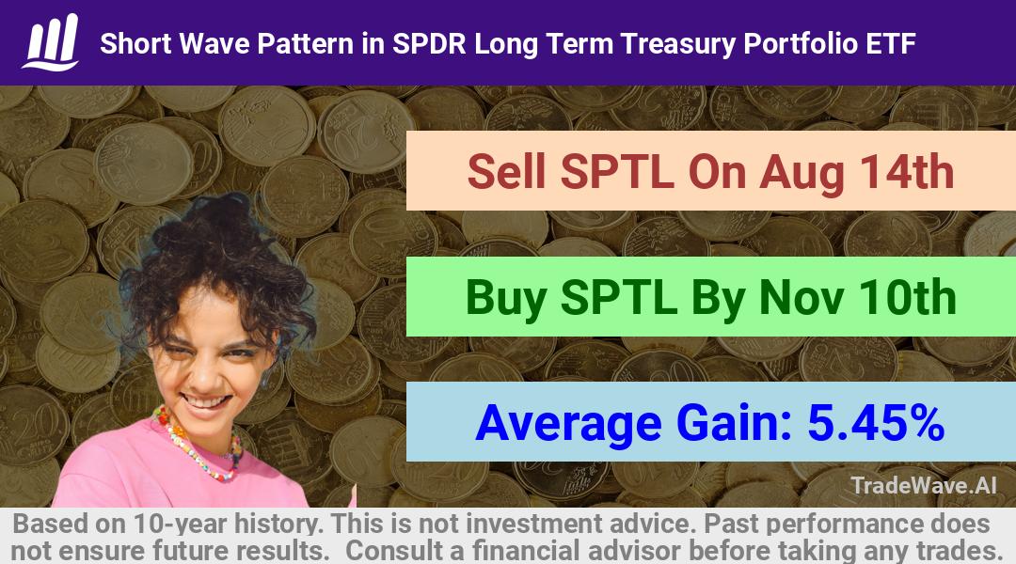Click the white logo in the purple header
point(51,42)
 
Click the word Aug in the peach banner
point(802,174)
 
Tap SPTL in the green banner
point(618,297)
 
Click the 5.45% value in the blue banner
point(876,423)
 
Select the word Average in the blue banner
point(568,425)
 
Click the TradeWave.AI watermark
point(924,485)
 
